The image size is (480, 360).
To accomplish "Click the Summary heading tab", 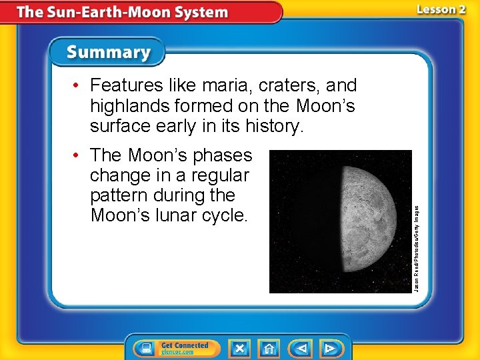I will pyautogui.click(x=108, y=53).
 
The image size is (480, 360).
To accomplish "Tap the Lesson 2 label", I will pyautogui.click(x=441, y=9).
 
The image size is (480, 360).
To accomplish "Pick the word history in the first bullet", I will pyautogui.click(x=275, y=125).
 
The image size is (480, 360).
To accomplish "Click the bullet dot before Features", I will pyautogui.click(x=79, y=86).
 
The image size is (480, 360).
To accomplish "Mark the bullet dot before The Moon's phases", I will pyautogui.click(x=79, y=156).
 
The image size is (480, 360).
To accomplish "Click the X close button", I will pyautogui.click(x=239, y=348).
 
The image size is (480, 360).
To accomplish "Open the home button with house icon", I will pyautogui.click(x=269, y=348).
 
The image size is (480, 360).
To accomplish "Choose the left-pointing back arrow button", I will pyautogui.click(x=300, y=348).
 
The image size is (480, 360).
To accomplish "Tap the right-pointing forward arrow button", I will pyautogui.click(x=330, y=348).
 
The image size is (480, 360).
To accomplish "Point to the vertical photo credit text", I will pyautogui.click(x=417, y=247).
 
